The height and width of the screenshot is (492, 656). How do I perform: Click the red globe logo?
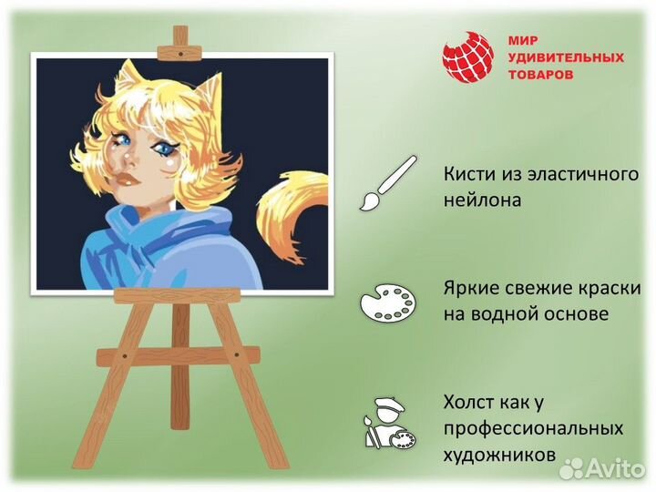point(467,57)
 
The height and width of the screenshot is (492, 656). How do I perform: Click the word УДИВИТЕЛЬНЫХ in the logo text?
point(565,57)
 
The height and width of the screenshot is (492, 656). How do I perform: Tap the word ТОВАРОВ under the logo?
point(540,74)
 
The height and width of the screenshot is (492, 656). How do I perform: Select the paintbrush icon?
point(386,184)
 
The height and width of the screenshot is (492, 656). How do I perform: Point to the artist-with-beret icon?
point(386,423)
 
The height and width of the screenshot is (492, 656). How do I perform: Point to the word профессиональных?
point(534,427)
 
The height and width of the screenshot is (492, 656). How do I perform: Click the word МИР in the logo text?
point(523,41)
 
